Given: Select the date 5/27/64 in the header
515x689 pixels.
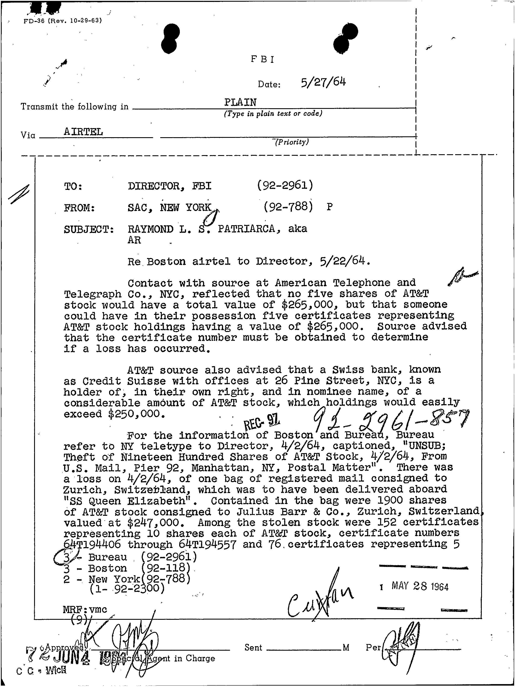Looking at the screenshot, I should (323, 82).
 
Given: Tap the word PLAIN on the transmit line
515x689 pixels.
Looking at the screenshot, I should (240, 102).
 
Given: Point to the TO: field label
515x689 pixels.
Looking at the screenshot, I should (73, 187).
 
